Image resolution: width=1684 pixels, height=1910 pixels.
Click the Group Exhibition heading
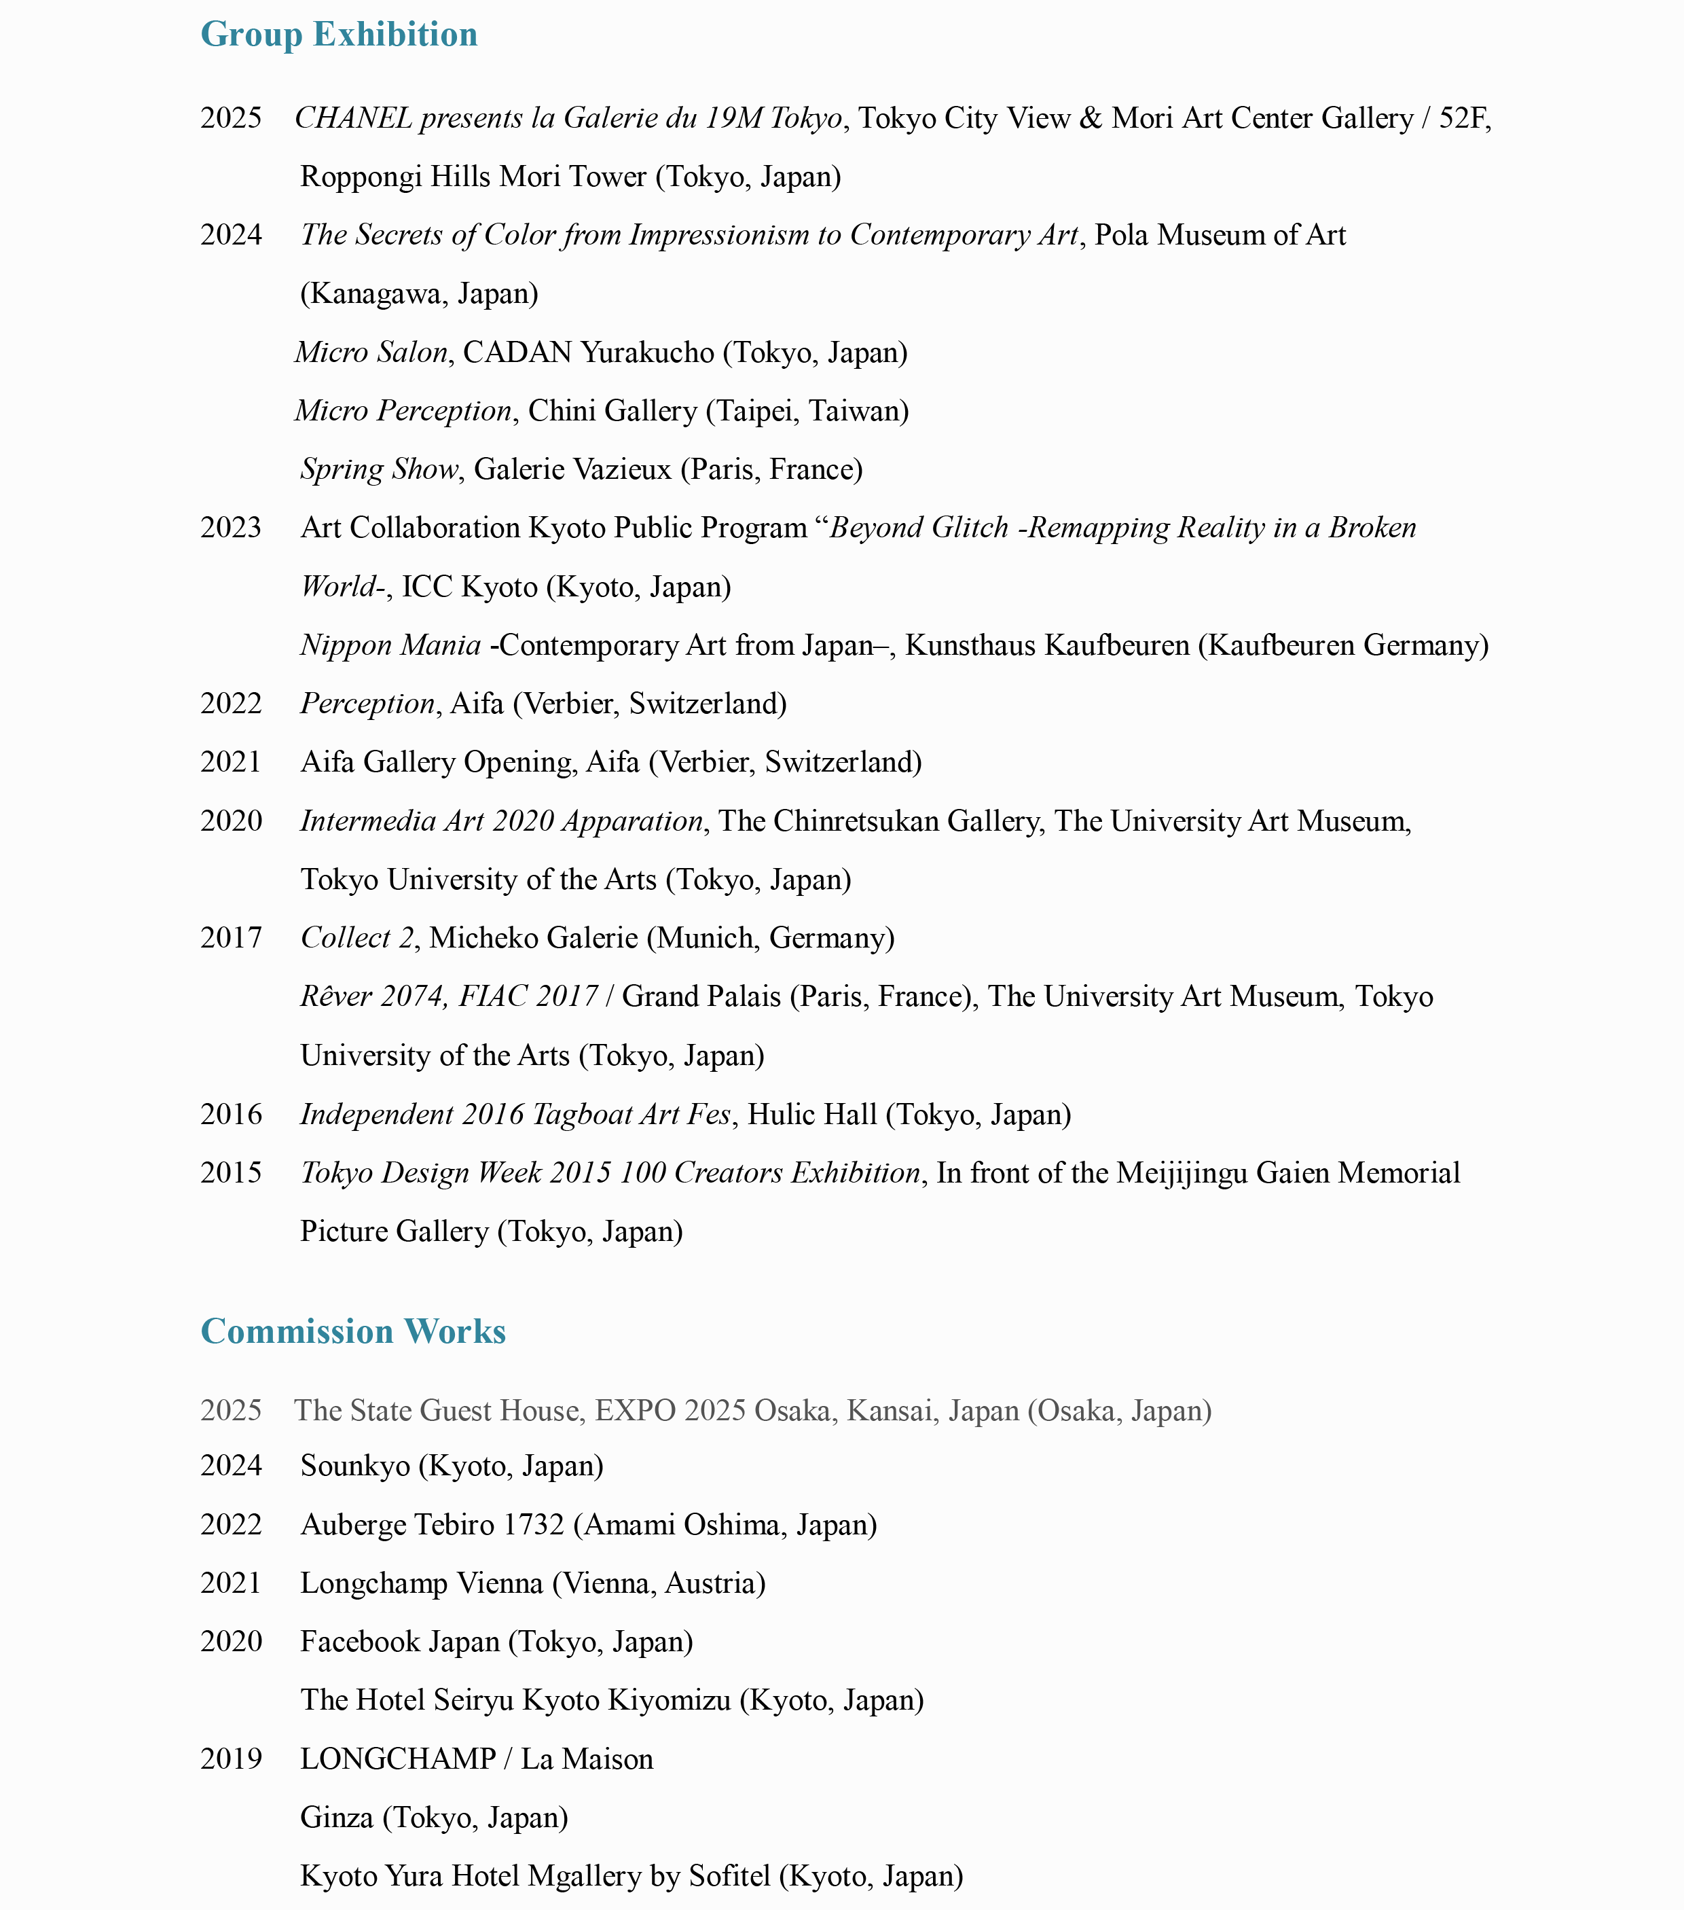pos(339,35)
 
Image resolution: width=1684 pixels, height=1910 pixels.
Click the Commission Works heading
pos(353,1331)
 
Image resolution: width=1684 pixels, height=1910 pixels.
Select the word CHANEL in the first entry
pos(353,119)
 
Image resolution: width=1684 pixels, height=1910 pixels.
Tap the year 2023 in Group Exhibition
pos(231,528)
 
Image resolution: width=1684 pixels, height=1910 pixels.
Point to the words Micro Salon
pos(371,353)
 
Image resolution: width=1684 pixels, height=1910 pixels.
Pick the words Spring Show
pos(379,469)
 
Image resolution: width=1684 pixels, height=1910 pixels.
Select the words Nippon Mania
pos(390,645)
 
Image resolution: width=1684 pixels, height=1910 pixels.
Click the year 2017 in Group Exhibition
pos(231,937)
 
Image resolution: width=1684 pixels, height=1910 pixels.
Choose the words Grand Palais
pos(701,996)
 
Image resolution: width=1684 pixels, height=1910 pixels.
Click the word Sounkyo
pos(356,1465)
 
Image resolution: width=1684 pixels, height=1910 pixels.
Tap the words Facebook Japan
pos(400,1642)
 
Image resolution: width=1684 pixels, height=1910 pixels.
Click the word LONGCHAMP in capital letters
pos(398,1759)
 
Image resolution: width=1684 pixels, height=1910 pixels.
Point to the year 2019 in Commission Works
pos(231,1759)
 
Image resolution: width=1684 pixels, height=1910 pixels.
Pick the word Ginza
pos(337,1818)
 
